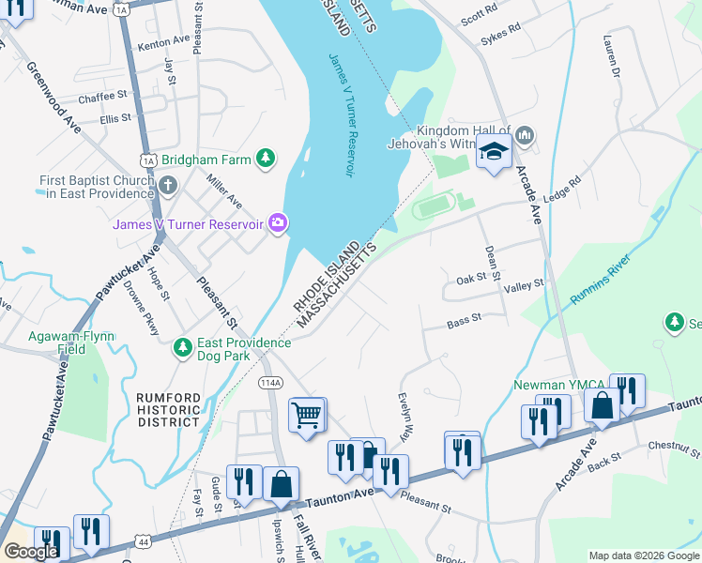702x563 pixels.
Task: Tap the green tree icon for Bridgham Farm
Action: pyautogui.click(x=267, y=159)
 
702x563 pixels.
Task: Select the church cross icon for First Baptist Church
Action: pyautogui.click(x=168, y=184)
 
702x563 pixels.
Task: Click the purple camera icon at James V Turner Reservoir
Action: pyautogui.click(x=279, y=223)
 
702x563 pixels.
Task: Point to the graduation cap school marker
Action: pyautogui.click(x=493, y=152)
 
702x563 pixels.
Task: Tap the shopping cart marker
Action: pyautogui.click(x=306, y=414)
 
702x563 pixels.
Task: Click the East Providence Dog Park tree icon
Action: pyautogui.click(x=184, y=349)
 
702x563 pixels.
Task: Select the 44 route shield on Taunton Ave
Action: pyautogui.click(x=142, y=542)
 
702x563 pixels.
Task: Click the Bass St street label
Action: pyautogui.click(x=464, y=320)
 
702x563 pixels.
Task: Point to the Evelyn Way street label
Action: pyautogui.click(x=406, y=418)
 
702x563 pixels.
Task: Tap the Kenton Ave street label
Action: pyautogui.click(x=163, y=43)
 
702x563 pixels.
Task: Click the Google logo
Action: pyautogui.click(x=30, y=551)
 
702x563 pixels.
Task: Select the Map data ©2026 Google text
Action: pyautogui.click(x=644, y=555)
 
